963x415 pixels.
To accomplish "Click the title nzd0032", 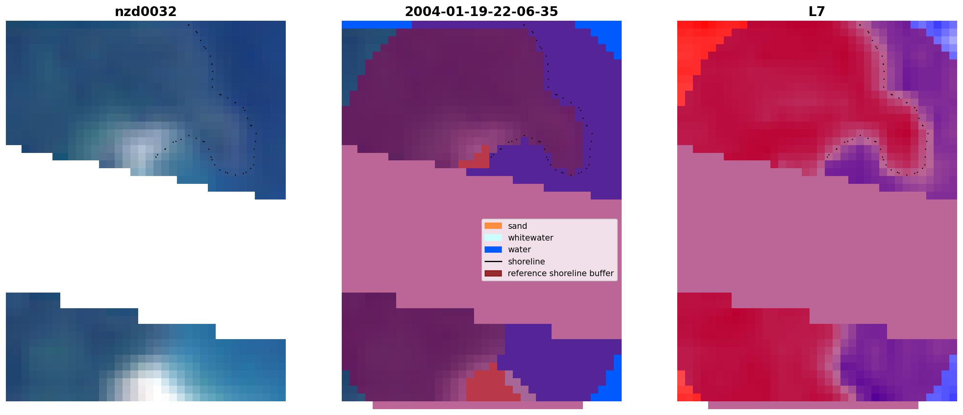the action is (146, 12).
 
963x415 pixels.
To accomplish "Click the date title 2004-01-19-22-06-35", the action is (481, 12).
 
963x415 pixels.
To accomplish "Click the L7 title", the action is (817, 12).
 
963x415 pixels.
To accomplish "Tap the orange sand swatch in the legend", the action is (493, 226).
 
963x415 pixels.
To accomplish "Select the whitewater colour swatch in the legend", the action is (493, 237).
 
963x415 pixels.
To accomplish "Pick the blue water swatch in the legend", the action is (493, 250).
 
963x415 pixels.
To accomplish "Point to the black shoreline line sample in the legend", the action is (493, 261).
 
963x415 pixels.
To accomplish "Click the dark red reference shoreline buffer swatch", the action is (493, 273).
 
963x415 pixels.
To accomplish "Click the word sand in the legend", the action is (518, 226).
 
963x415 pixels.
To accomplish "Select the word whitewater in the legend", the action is (530, 238).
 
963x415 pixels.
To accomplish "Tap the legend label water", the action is (519, 250).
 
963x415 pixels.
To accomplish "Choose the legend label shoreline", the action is (527, 261).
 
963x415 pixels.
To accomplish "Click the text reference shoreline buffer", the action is (561, 273).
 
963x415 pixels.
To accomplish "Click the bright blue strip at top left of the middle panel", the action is (377, 25).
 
